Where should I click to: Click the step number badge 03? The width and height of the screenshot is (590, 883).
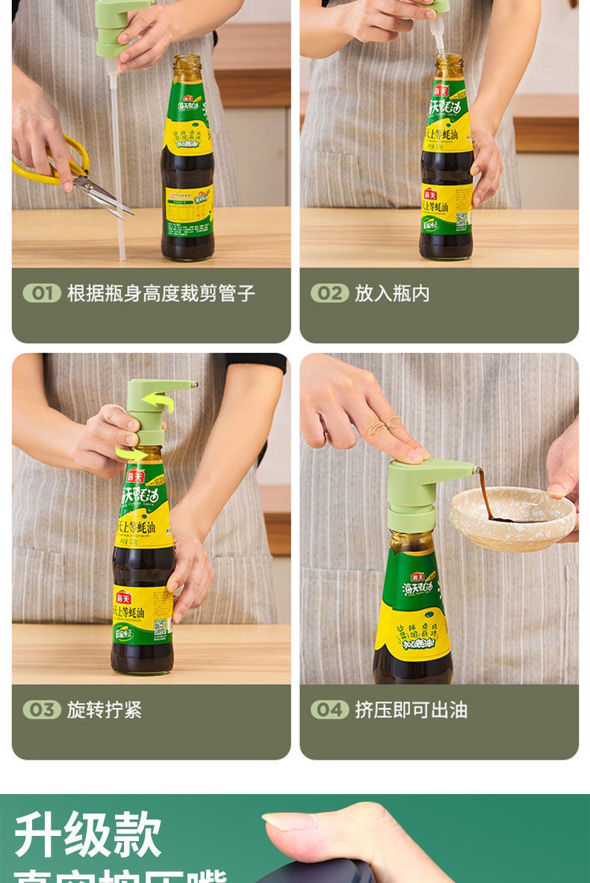(x=42, y=710)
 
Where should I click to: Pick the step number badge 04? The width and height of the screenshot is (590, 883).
(x=329, y=710)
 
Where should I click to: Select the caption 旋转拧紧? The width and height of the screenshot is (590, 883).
(x=105, y=710)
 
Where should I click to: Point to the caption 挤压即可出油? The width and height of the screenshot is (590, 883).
(x=411, y=710)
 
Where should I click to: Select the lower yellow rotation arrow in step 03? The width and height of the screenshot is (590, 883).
(x=131, y=453)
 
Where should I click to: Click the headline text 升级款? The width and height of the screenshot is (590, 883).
(x=88, y=834)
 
